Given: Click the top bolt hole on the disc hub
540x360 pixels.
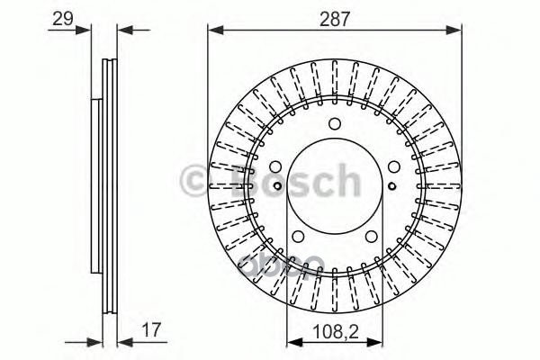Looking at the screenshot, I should [335, 124].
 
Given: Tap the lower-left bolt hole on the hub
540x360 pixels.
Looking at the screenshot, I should [298, 236].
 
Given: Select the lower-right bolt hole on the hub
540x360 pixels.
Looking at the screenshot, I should [372, 236].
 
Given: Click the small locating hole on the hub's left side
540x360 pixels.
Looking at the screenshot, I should [278, 187].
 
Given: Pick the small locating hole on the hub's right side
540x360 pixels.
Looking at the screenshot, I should [391, 187].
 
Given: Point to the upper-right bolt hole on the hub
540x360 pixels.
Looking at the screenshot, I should [393, 166].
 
